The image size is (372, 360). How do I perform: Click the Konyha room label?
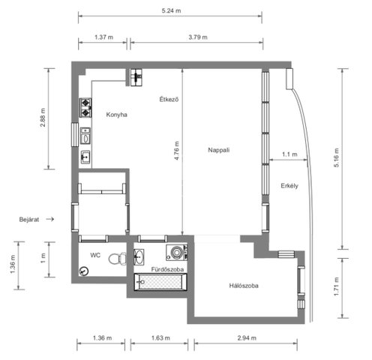point(116,115)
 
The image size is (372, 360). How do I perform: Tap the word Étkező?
point(169,99)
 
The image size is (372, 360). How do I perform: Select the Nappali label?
point(219,150)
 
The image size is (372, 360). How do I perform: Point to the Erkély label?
point(289,186)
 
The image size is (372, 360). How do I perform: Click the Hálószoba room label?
point(244,286)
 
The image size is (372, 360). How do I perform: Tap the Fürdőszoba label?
point(167,269)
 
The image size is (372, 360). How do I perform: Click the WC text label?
point(95,255)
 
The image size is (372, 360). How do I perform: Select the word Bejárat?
point(29,220)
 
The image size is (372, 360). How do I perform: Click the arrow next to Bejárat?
point(50,219)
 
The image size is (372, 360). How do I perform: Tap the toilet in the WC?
point(118,259)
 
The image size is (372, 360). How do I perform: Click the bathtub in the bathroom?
point(160,282)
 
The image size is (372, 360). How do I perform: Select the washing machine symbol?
point(177,253)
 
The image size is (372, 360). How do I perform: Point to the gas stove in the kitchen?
point(85,108)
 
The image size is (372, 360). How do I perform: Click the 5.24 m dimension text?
point(171,10)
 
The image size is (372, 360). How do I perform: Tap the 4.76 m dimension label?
point(176,151)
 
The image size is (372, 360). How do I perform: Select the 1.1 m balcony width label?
point(289,154)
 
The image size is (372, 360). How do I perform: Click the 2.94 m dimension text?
point(247,338)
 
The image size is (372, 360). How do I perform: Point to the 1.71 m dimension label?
point(337,286)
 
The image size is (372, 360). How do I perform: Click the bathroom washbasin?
point(139,256)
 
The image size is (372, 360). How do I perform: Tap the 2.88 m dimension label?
point(43,118)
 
